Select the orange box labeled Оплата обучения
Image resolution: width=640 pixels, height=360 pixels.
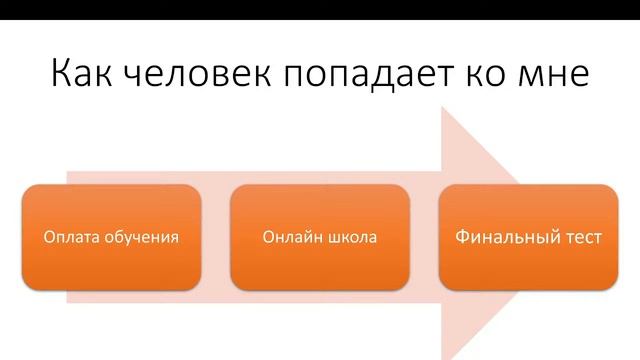pyautogui.click(x=111, y=237)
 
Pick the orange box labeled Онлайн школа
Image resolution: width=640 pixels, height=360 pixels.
pyautogui.click(x=320, y=237)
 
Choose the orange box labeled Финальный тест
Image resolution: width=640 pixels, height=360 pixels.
pyautogui.click(x=528, y=237)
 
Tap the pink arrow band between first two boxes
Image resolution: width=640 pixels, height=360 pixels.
pyautogui.click(x=216, y=237)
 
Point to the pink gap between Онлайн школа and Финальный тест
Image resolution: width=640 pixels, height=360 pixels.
pyautogui.click(x=425, y=237)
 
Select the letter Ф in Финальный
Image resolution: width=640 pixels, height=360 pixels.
pyautogui.click(x=462, y=238)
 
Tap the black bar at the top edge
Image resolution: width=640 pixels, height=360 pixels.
pyautogui.click(x=320, y=9)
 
